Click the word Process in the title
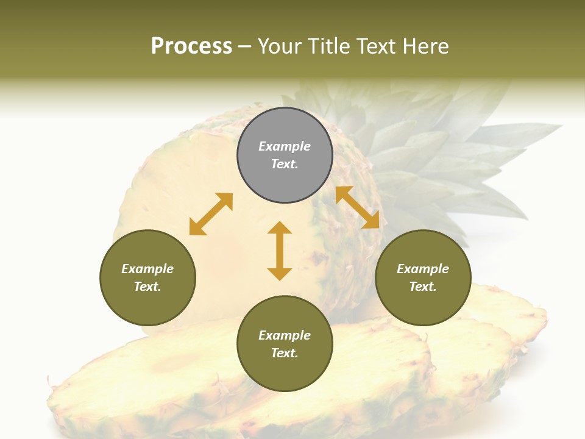point(191,46)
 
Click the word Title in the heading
point(328,46)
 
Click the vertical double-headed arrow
point(280,251)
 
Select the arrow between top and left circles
point(211,214)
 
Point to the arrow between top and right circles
point(358,207)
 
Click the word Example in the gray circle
point(285,146)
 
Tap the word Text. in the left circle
point(147,287)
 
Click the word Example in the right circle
point(423,269)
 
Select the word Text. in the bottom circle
point(285,353)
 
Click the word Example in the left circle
point(147,269)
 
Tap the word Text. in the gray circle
point(285,164)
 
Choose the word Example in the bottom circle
point(285,335)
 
